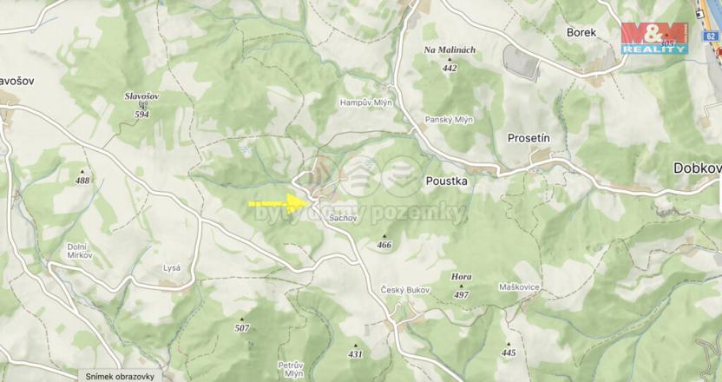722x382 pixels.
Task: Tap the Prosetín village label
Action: click(x=529, y=138)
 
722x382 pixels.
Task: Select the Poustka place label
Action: click(x=447, y=181)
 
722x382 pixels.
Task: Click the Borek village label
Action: click(x=581, y=31)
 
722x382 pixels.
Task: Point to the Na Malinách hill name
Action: click(x=449, y=50)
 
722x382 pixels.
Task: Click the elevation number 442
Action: click(x=449, y=68)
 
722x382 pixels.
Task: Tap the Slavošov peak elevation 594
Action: click(x=141, y=114)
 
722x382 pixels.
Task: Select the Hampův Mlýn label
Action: click(x=360, y=102)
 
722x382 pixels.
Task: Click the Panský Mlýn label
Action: click(x=449, y=120)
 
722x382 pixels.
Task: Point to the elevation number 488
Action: click(x=82, y=181)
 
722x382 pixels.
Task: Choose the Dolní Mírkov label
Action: click(x=82, y=251)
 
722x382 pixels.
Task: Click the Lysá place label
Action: click(x=172, y=268)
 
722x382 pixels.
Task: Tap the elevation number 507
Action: click(x=242, y=328)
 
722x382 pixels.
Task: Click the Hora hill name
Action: click(x=462, y=277)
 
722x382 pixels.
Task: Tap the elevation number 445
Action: click(x=509, y=353)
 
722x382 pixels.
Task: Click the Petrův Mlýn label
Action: click(x=290, y=369)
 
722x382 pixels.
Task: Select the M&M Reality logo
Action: click(x=654, y=38)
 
